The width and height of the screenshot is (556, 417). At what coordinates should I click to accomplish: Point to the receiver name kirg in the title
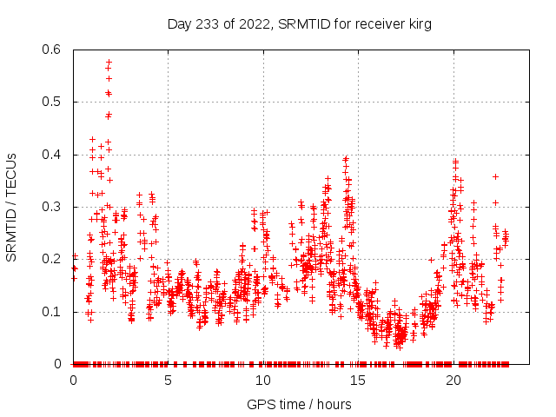coord(418,24)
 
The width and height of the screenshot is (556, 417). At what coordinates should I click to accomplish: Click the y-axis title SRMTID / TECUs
coord(11,206)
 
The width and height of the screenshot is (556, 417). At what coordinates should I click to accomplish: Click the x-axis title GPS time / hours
coord(300,404)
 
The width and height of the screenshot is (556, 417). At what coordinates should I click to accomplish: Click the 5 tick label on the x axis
coord(169,381)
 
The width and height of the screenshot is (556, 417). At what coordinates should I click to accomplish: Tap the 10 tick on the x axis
coord(263,381)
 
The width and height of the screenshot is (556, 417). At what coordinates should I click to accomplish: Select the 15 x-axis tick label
coord(359,381)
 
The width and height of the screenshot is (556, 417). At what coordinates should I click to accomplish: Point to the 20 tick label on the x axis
coord(453,381)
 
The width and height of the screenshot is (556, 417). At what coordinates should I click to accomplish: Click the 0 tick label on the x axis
coord(73,381)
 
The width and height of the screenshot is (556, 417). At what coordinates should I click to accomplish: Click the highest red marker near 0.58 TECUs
coord(109,62)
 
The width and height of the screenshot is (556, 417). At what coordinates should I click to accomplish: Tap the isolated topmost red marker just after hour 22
coord(495,176)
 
